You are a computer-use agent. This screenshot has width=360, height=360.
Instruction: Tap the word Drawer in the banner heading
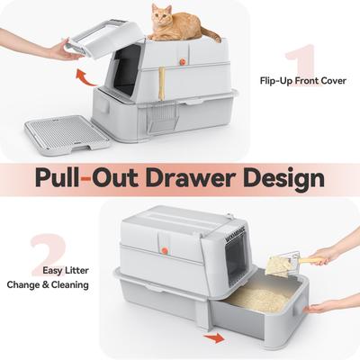(177, 176)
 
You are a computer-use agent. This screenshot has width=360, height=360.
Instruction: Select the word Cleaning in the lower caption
(68, 285)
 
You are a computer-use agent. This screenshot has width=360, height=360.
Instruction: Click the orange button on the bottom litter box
(166, 241)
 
